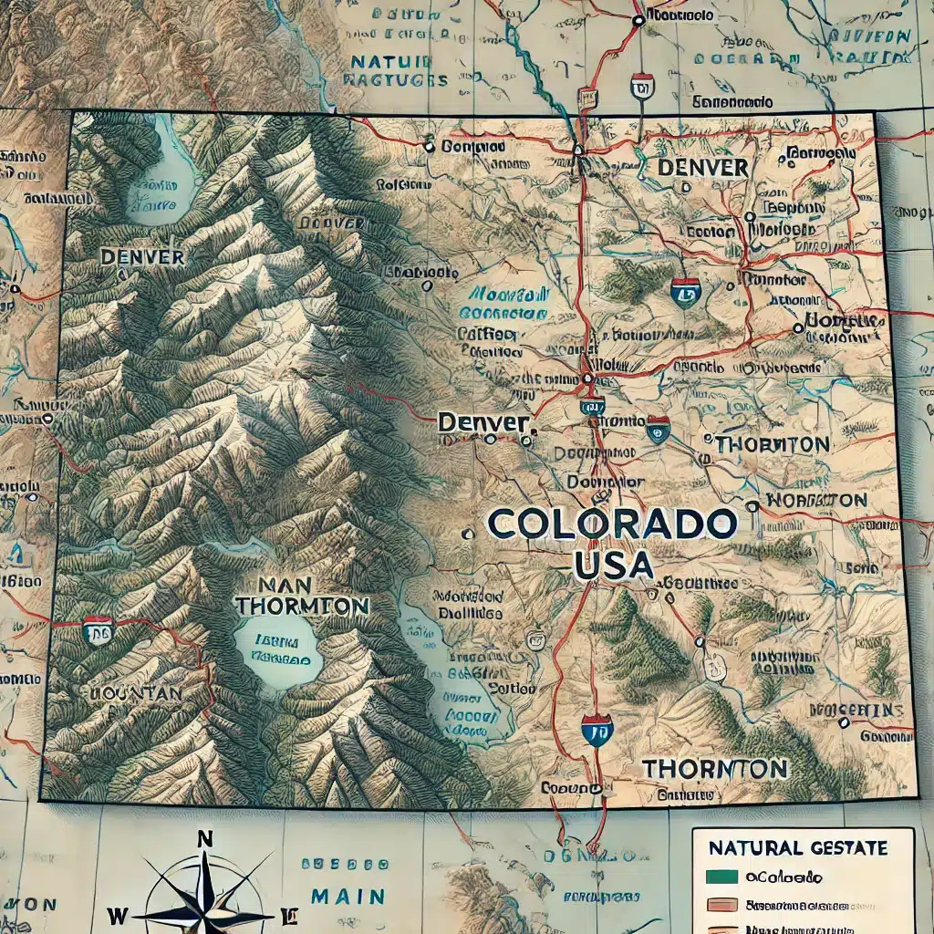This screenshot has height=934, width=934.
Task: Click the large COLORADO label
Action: [x=612, y=525]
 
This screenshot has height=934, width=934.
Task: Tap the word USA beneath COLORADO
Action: [x=614, y=566]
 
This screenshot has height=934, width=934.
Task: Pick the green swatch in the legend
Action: [x=720, y=878]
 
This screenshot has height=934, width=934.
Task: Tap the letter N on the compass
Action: [x=206, y=840]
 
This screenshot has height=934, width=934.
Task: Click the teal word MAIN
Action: [x=348, y=896]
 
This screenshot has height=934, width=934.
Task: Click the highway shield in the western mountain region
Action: [x=97, y=629]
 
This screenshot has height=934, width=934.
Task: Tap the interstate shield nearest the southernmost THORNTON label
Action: [x=597, y=729]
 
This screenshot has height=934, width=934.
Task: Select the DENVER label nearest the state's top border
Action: [x=702, y=168]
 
